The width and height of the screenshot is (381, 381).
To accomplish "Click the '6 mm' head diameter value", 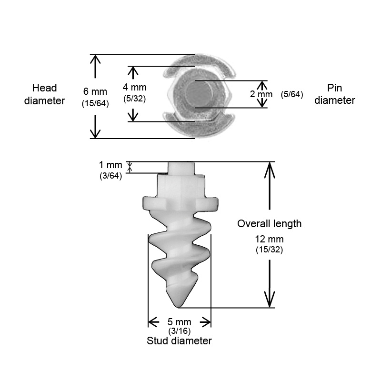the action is (x=95, y=91).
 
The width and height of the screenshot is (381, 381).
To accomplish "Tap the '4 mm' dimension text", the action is (x=134, y=87).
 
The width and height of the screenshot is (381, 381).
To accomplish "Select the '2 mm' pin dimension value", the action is (x=261, y=94).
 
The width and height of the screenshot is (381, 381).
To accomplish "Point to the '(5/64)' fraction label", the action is (x=292, y=94).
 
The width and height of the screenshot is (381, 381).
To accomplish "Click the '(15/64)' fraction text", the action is (x=95, y=103).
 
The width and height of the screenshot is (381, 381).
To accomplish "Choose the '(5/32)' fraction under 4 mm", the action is (x=134, y=99).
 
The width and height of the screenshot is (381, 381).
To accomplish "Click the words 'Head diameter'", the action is (x=44, y=94).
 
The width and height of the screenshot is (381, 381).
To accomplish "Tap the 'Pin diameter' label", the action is (x=335, y=94).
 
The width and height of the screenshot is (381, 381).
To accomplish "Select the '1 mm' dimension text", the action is (x=110, y=165).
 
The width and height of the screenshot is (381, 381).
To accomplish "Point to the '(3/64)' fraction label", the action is (x=110, y=176).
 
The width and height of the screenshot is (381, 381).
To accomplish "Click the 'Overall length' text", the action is (x=269, y=224).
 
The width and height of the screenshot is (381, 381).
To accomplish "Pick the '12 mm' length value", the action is (x=269, y=240).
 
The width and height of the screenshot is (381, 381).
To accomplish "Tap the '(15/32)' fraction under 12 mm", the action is (x=269, y=250).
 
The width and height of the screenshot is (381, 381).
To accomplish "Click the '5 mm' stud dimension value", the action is (x=180, y=322).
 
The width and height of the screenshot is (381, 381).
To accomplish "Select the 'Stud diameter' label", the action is (x=180, y=341).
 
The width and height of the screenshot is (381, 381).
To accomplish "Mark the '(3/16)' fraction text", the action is (x=180, y=331).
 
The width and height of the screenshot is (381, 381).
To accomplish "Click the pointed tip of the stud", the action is (x=179, y=307).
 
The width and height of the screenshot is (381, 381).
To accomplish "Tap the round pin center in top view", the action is (x=200, y=94).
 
